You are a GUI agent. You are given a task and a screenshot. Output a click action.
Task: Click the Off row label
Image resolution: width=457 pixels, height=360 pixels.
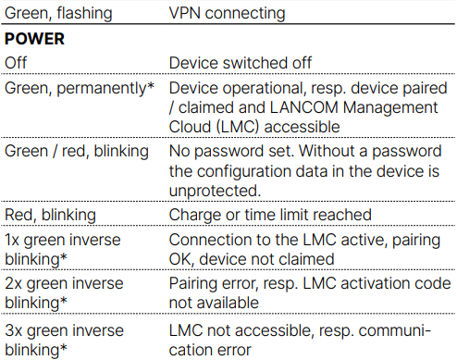(17, 63)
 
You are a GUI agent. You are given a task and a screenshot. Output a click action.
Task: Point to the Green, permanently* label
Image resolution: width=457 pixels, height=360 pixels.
(79, 88)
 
